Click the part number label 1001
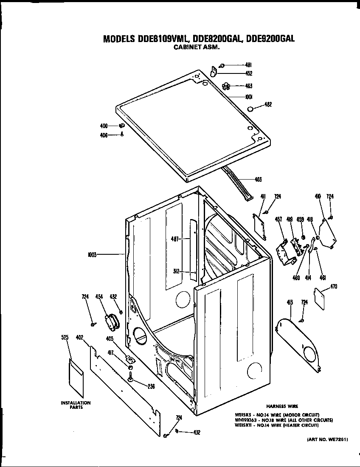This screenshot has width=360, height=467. pyautogui.click(x=249, y=96)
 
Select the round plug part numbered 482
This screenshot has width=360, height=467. pyautogui.click(x=250, y=109)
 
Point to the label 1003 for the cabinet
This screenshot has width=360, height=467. pyautogui.click(x=92, y=255)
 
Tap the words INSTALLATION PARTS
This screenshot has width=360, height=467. pyautogui.click(x=76, y=405)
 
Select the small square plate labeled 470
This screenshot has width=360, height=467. pyautogui.click(x=319, y=295)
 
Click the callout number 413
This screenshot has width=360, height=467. pyautogui.click(x=290, y=302)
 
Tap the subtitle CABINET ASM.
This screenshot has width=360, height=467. pyautogui.click(x=197, y=48)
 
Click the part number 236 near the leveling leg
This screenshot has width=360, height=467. pyautogui.click(x=151, y=386)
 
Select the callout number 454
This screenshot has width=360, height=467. pyautogui.click(x=99, y=297)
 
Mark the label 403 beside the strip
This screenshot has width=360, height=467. pyautogui.click(x=258, y=179)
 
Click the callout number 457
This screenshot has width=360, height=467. pyautogui.click(x=278, y=219)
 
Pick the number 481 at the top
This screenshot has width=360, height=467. pyautogui.click(x=249, y=65)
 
